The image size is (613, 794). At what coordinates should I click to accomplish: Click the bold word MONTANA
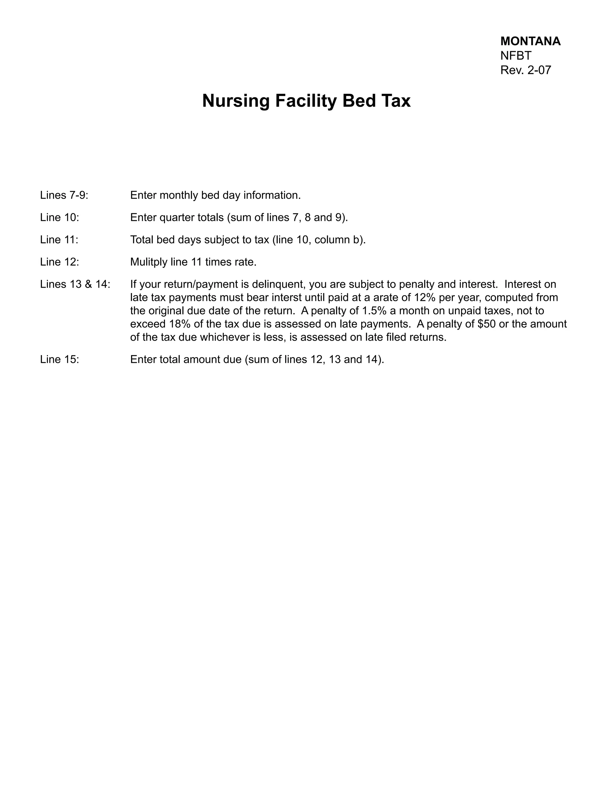(x=530, y=41)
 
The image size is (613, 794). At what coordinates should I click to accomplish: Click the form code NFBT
(x=516, y=56)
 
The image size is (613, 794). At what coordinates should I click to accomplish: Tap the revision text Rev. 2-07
(x=526, y=70)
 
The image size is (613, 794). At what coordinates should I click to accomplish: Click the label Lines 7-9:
(x=64, y=195)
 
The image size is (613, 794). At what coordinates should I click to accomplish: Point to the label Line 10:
(x=60, y=218)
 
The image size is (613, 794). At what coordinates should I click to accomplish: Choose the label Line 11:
(x=59, y=240)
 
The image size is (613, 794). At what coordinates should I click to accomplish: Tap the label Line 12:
(x=60, y=262)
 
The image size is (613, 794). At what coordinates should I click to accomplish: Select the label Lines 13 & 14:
(x=75, y=284)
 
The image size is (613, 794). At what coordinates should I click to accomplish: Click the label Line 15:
(x=60, y=359)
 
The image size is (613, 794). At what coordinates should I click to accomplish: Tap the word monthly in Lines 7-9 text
(x=179, y=196)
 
